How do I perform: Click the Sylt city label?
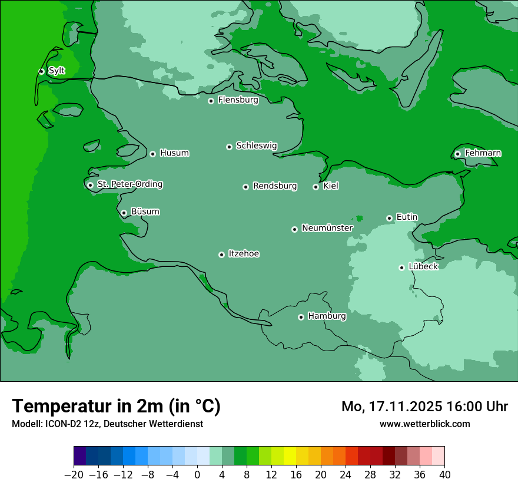[x=57, y=71]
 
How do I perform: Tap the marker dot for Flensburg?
[x=211, y=101]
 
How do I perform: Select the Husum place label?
[x=174, y=153]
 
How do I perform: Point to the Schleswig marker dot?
[x=229, y=147]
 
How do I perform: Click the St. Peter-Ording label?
[x=129, y=184]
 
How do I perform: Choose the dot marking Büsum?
[x=124, y=213]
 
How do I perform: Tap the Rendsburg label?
[x=275, y=186]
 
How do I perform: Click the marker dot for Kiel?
[x=316, y=187]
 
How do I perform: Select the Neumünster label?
[x=327, y=228]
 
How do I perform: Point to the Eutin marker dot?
[x=389, y=218]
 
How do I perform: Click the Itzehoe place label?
[x=244, y=254]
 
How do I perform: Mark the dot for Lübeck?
[x=401, y=267]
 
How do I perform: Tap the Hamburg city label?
[x=327, y=316]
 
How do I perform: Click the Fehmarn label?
[x=483, y=153]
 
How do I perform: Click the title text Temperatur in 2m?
[x=116, y=406]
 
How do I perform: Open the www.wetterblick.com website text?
[x=424, y=424]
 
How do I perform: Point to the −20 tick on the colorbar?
[x=74, y=474]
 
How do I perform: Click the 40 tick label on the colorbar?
[x=444, y=474]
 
